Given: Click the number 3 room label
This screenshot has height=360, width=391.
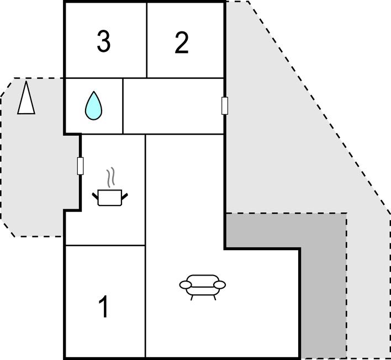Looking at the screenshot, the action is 103,41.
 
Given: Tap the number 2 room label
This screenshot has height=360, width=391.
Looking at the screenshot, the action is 182,43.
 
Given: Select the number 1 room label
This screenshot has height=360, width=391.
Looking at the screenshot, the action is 104,306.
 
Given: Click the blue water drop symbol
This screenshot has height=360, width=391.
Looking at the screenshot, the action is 93,105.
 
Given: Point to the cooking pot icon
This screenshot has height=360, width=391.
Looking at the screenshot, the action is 110,198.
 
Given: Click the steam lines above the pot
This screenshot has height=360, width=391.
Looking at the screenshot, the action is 110,177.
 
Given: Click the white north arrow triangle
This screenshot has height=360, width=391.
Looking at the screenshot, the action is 26,98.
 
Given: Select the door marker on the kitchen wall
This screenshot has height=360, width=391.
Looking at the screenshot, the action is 80,166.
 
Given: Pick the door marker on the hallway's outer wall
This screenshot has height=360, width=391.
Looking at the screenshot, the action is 225,106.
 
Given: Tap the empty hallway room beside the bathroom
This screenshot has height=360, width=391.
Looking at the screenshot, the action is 173,106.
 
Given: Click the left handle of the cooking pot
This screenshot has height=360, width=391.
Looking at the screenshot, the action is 95,196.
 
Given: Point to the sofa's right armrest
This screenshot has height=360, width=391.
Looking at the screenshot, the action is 220,284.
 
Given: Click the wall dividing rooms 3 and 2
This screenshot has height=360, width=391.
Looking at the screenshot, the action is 147,40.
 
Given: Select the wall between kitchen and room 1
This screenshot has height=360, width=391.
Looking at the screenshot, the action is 105,246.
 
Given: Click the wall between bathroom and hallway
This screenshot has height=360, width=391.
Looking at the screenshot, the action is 123,106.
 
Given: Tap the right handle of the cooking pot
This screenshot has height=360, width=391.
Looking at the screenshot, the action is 125,196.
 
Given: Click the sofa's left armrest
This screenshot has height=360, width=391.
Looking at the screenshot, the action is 185,284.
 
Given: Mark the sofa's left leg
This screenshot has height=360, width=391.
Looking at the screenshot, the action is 192,298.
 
